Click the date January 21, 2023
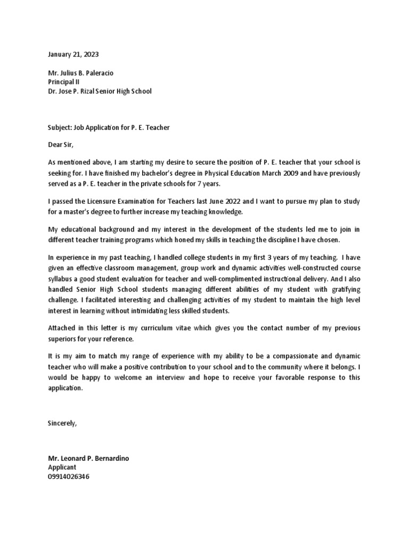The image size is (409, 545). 73,54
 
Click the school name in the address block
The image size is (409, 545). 100,91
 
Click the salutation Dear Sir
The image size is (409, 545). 60,144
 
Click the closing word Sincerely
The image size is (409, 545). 62,424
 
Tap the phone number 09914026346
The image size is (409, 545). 69,476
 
